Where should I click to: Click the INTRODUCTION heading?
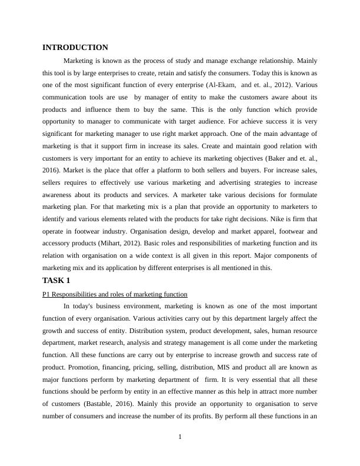tap(75, 48)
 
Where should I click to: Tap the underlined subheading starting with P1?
tap(115, 294)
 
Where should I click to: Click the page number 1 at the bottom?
tap(180, 437)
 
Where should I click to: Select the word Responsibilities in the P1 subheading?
tap(80, 294)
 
